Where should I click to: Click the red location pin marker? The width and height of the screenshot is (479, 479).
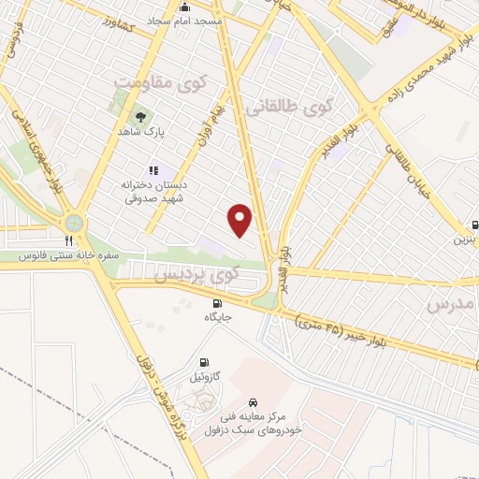click(x=240, y=221)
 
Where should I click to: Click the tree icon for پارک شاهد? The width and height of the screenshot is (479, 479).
click(x=140, y=117)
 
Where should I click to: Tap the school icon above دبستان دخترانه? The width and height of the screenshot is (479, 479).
click(x=154, y=170)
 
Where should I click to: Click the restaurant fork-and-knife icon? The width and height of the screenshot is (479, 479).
click(x=68, y=240)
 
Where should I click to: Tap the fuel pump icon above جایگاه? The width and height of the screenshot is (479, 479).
click(x=218, y=303)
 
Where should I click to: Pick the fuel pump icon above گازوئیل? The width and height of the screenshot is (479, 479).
click(x=204, y=362)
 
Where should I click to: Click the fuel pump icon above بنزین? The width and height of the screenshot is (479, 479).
click(x=475, y=225)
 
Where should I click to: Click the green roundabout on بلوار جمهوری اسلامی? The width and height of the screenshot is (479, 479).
click(x=72, y=223)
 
